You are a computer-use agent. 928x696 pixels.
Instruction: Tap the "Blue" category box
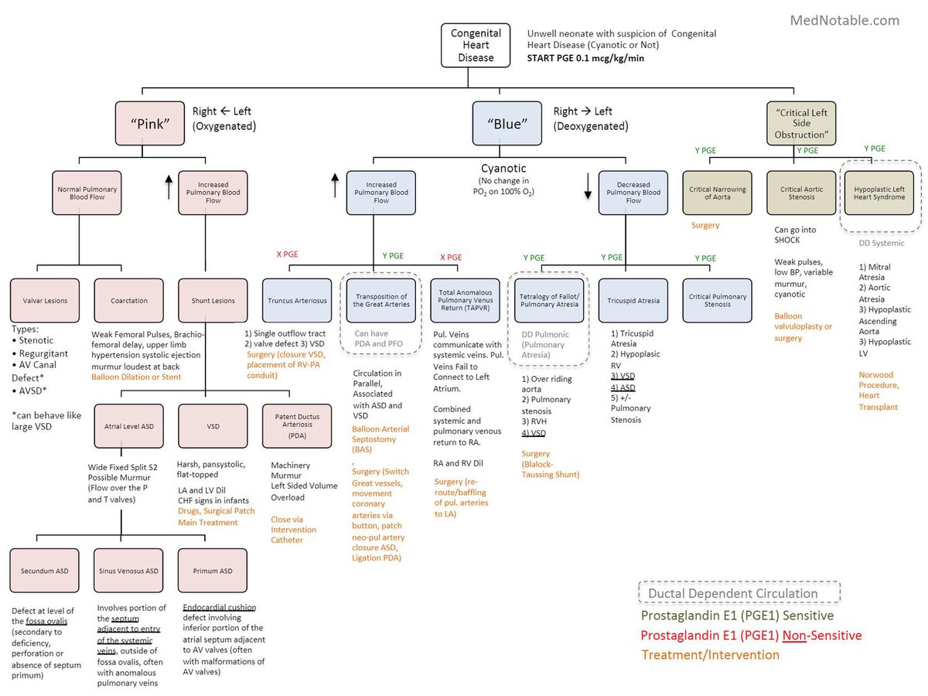[507, 123]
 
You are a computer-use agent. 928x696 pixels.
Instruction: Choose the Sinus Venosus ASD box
[128, 571]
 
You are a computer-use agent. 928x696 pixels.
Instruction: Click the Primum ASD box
[213, 571]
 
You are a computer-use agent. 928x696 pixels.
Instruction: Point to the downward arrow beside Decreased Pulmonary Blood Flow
[587, 185]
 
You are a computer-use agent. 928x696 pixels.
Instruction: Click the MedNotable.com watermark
[844, 21]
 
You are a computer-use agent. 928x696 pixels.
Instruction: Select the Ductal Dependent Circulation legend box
[739, 594]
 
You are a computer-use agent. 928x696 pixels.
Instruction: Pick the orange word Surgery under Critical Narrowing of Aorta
[705, 225]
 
